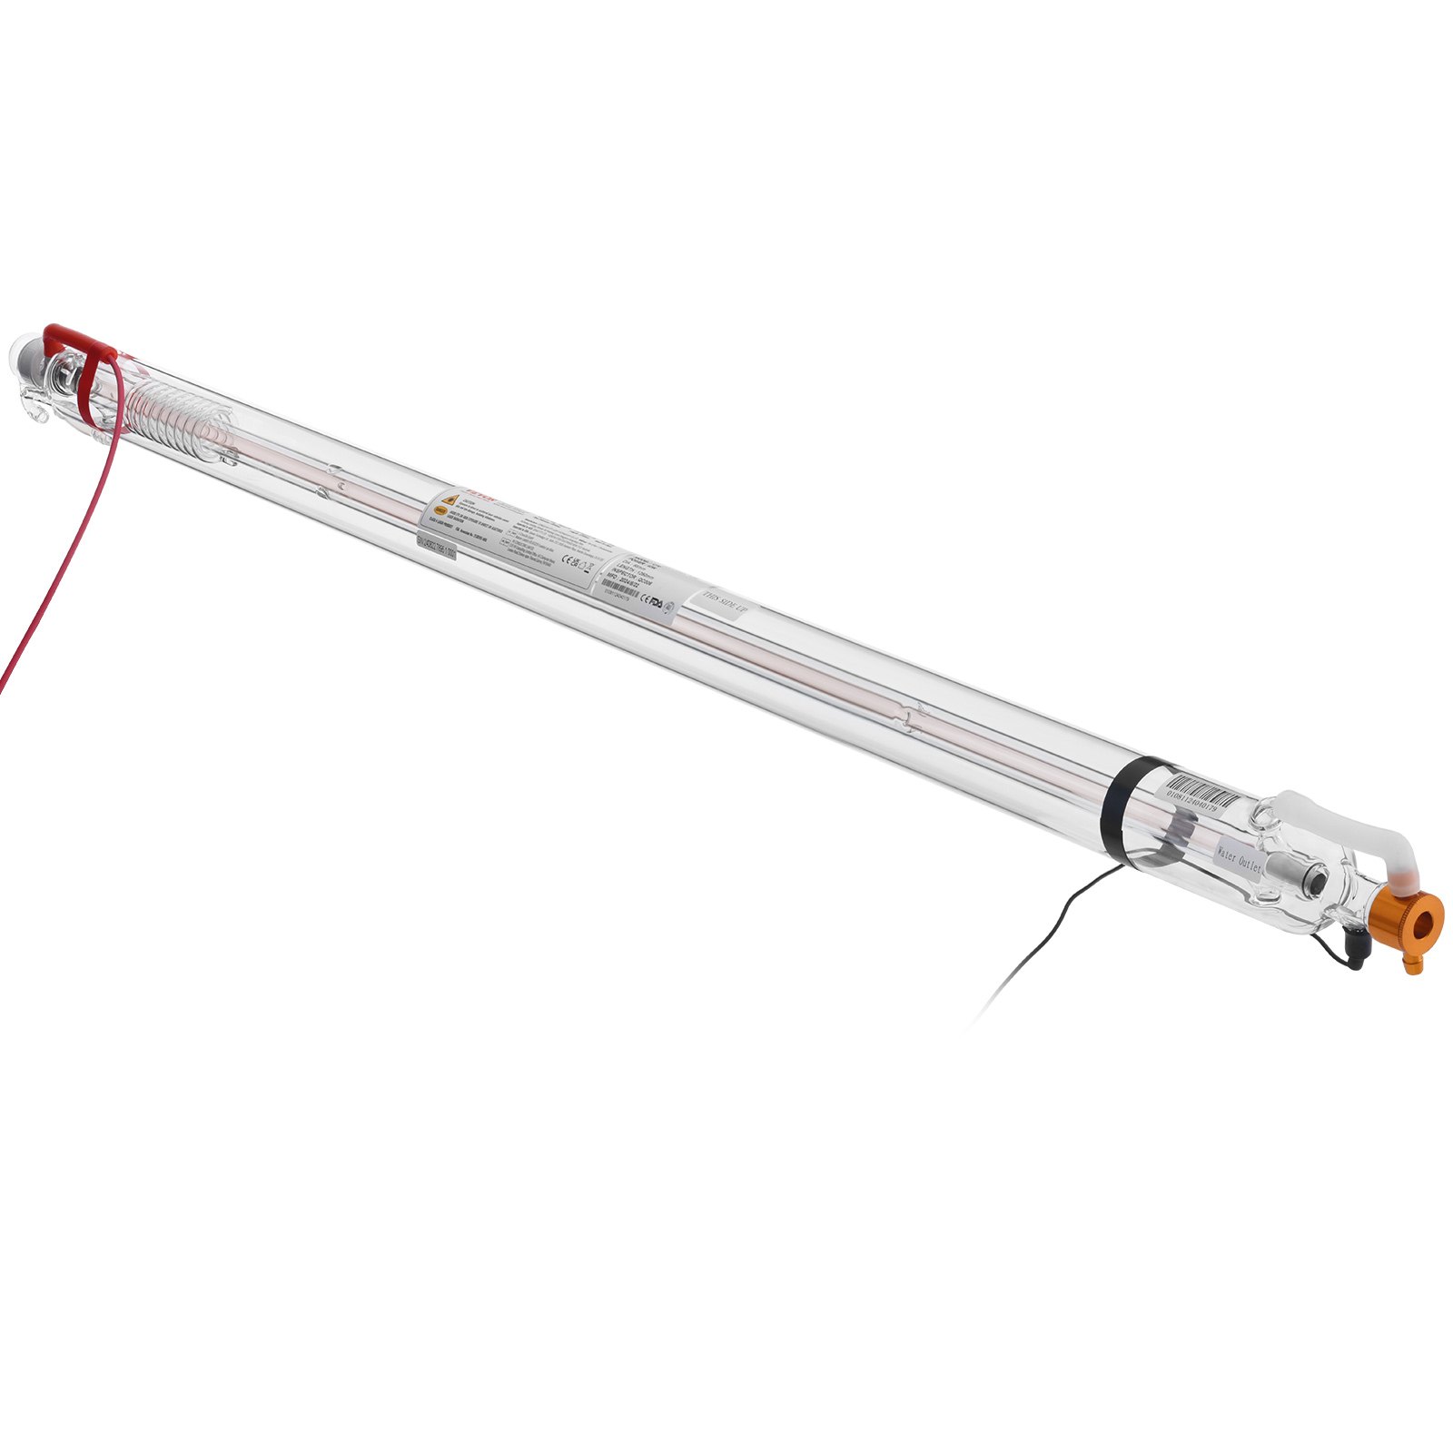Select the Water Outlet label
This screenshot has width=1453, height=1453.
point(1239,856)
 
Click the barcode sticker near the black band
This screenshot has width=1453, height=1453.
point(1202,794)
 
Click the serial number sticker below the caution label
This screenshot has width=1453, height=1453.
point(436,546)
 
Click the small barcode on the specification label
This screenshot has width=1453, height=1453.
point(620,588)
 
